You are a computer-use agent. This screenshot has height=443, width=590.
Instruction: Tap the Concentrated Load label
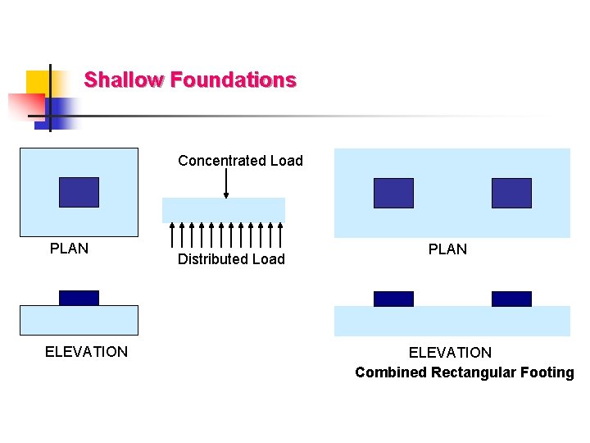tap(240, 161)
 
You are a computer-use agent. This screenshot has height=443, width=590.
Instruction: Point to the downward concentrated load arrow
tap(226, 184)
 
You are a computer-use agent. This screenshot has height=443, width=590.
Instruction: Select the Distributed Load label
tap(231, 259)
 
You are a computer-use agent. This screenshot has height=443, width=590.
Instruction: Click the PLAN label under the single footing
tap(69, 248)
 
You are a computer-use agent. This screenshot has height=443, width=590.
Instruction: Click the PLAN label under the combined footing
tap(447, 249)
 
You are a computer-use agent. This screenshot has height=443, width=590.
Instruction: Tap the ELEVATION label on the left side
tap(86, 352)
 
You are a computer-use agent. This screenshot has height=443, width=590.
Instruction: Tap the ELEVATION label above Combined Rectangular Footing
tap(450, 353)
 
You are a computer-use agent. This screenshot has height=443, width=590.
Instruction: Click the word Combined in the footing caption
tap(391, 372)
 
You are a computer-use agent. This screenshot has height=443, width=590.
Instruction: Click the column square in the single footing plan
tap(79, 192)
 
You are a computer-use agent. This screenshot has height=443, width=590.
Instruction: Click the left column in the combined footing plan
tap(393, 193)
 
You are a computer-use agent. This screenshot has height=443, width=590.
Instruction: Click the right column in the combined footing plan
tap(511, 193)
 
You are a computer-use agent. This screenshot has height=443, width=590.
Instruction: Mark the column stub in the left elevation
tap(79, 298)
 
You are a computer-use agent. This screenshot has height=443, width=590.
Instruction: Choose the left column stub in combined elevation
tap(393, 299)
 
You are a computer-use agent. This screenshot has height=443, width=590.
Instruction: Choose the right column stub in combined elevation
tap(511, 299)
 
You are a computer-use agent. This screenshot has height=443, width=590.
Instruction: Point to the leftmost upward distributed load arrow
tap(171, 235)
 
